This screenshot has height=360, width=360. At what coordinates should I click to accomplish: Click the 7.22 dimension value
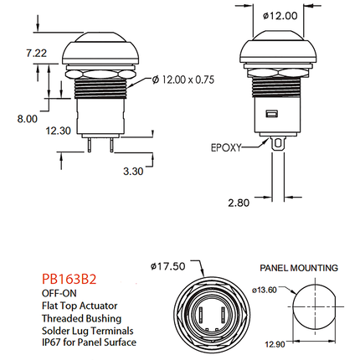click(x=36, y=53)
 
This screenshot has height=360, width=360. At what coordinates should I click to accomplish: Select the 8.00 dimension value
click(x=27, y=119)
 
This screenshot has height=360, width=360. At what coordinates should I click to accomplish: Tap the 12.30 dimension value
click(x=59, y=131)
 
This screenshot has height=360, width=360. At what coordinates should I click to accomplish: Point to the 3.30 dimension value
click(x=133, y=171)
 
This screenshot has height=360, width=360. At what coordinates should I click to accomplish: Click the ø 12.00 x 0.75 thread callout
click(x=183, y=80)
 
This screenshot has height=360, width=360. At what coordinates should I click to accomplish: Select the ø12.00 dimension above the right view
click(x=280, y=16)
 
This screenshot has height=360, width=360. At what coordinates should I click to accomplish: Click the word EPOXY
click(x=226, y=147)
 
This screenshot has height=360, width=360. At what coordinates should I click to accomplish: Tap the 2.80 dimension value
click(x=239, y=203)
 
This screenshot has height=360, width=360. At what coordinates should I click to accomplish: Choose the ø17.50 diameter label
click(x=167, y=266)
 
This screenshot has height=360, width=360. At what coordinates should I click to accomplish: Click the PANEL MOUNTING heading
click(x=299, y=268)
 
